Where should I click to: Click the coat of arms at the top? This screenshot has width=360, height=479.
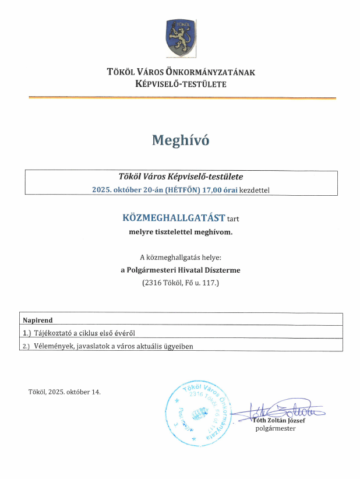180,38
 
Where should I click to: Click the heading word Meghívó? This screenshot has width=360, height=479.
180,140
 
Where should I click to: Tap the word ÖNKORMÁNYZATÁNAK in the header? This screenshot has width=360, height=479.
206,72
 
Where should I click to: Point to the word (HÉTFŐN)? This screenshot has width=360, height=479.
183,189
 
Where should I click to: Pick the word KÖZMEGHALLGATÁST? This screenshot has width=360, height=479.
174,218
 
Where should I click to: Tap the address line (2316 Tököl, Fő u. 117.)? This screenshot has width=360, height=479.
180,283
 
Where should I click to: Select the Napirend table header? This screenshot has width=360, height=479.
38,320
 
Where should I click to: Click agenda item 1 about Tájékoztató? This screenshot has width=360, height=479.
79,333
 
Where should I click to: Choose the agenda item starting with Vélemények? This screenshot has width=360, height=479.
108,346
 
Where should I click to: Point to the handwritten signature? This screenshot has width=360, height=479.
280,411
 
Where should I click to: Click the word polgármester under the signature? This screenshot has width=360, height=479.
276,429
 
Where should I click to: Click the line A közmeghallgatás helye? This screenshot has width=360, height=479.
180,257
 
